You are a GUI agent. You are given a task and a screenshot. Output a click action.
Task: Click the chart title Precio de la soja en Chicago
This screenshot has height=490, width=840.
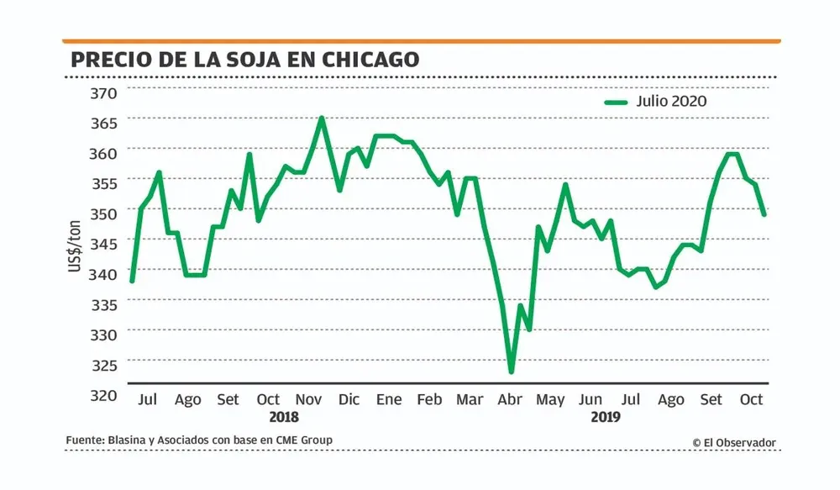click(244, 60)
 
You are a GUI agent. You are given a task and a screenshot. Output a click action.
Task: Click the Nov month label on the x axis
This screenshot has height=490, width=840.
click(309, 399)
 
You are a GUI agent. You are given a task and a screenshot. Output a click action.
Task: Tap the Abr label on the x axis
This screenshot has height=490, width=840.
click(510, 399)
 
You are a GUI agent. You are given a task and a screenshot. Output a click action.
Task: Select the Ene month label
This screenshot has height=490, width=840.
click(389, 399)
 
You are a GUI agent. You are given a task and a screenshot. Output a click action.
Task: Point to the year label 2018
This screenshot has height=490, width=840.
click(284, 417)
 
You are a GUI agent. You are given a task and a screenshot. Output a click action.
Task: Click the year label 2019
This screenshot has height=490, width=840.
click(605, 417)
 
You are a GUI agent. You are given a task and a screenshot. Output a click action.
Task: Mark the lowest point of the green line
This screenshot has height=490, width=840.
click(510, 371)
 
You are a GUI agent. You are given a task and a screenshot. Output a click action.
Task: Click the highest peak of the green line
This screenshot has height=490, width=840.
click(321, 119)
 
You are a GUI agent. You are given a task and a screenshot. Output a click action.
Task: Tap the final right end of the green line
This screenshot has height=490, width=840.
click(764, 214)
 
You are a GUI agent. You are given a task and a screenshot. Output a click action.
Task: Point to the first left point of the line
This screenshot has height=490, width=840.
click(132, 281)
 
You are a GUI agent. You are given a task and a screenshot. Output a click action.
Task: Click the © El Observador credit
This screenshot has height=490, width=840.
click(734, 443)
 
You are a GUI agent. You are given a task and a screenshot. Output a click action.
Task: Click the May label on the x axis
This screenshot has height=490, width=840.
click(550, 399)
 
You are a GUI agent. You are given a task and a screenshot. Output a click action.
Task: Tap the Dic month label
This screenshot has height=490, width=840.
click(349, 399)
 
